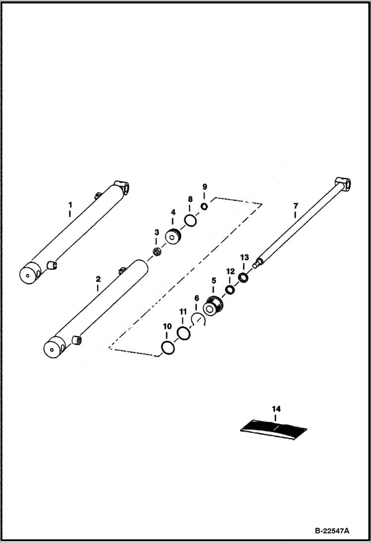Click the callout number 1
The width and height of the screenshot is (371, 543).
(x=70, y=204)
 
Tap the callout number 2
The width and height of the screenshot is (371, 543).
(x=98, y=279)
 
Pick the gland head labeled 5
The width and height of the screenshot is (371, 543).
(x=213, y=306)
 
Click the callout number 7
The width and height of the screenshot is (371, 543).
(x=295, y=205)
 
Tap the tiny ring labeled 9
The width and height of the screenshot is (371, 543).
(x=204, y=206)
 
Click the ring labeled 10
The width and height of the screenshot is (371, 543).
(x=168, y=348)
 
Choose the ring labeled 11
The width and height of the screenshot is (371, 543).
(x=184, y=334)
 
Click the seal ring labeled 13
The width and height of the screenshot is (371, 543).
(x=243, y=277)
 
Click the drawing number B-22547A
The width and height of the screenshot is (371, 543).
(x=331, y=531)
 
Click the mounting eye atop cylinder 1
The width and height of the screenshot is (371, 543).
(x=122, y=188)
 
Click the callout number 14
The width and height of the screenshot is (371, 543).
(x=276, y=409)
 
